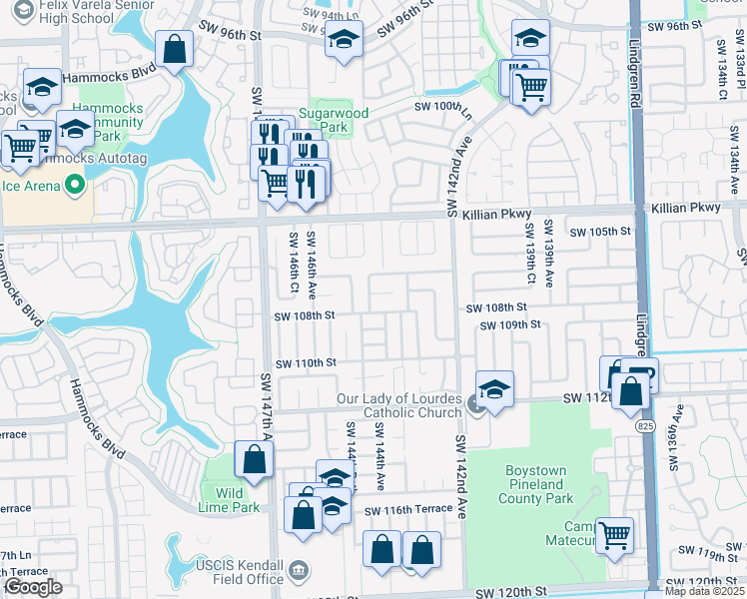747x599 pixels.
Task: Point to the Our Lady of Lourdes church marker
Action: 475,404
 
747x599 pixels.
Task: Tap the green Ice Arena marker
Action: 72,185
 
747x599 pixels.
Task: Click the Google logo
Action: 33,587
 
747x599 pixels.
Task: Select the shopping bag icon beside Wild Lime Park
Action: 254,460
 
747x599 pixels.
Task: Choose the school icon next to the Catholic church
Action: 494,388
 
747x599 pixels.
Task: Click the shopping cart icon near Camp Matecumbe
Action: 614,533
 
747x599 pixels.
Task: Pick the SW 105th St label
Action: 601,232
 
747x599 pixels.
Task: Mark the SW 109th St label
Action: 509,324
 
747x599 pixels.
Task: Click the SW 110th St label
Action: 305,363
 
